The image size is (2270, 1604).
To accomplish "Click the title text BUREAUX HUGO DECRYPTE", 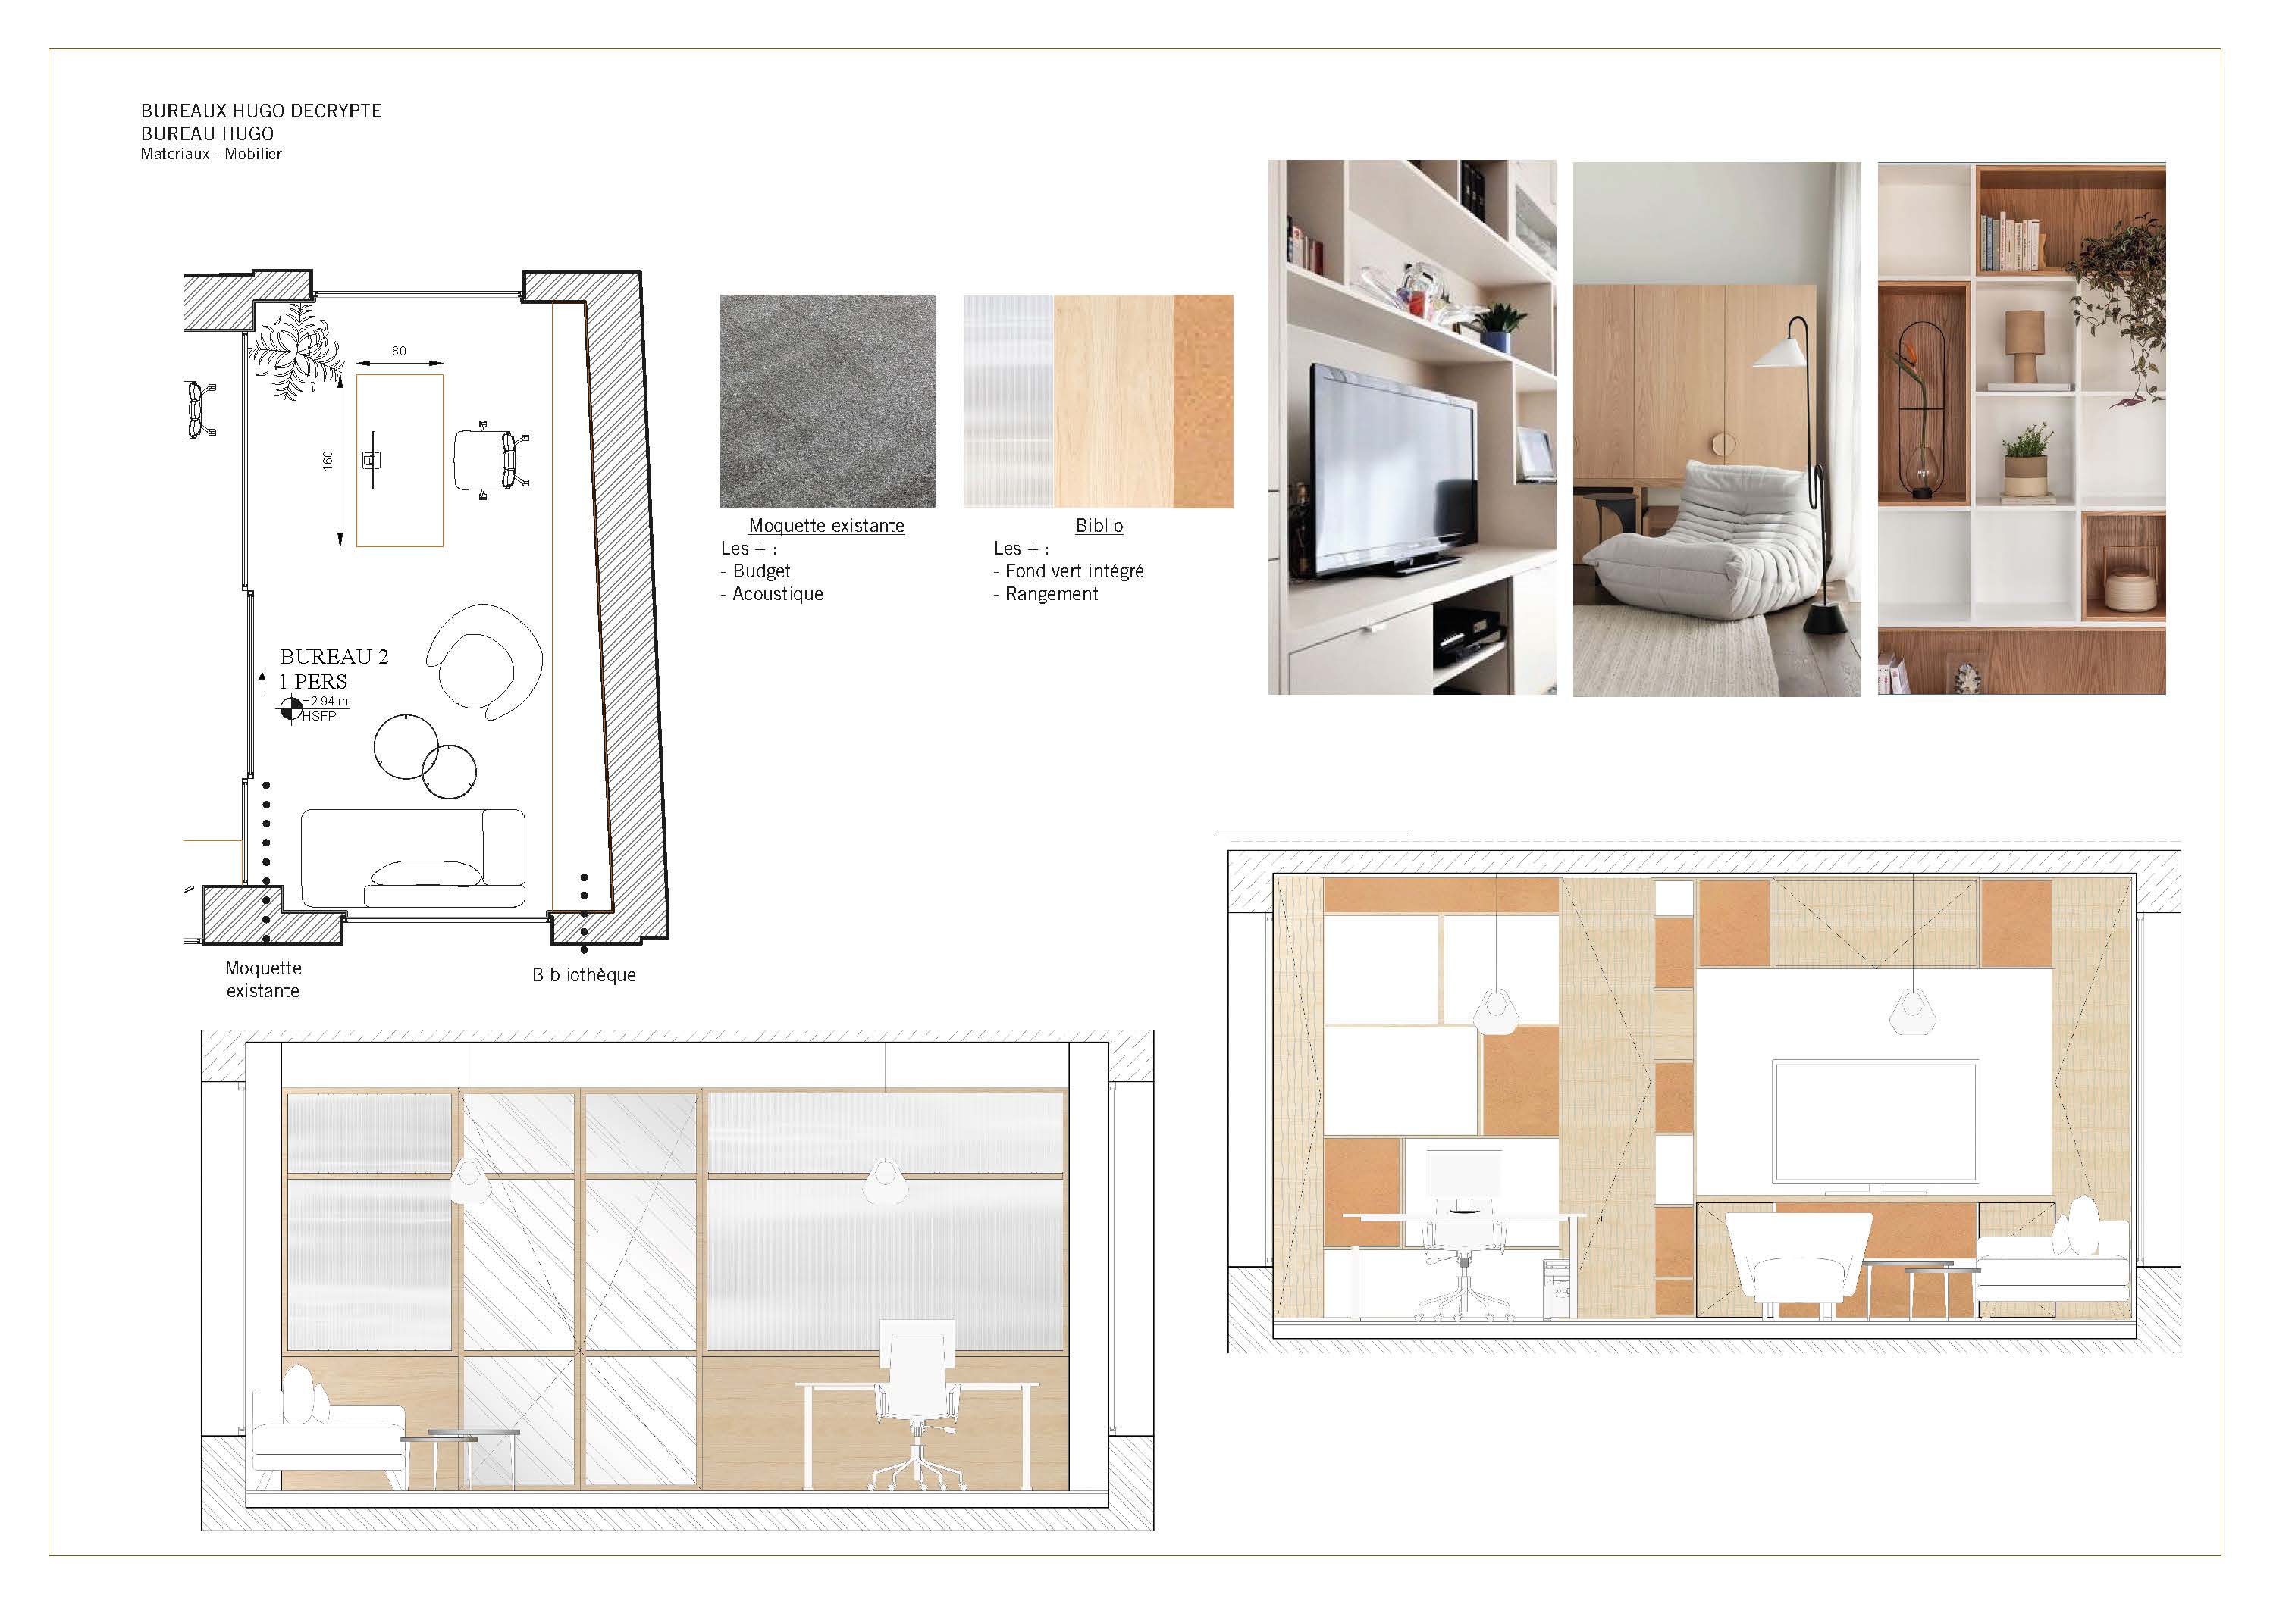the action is click(x=261, y=111).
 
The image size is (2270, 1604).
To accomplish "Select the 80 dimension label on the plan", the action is click(x=399, y=351).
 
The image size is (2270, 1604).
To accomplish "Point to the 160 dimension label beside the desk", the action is click(x=328, y=460).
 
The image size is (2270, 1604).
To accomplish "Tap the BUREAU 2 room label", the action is click(x=334, y=656).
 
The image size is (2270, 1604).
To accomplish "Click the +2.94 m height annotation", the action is click(x=325, y=702).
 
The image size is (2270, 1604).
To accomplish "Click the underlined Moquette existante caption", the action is click(x=826, y=526).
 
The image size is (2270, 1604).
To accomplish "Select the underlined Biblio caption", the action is click(x=1099, y=526).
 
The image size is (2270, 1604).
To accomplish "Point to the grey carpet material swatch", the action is click(x=827, y=402).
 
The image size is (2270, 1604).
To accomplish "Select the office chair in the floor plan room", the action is click(x=491, y=460).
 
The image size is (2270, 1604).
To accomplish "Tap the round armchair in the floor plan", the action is click(x=484, y=660).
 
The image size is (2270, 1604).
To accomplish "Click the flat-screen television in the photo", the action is click(x=1394, y=471).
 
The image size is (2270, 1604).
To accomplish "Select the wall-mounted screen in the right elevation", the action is click(x=1876, y=1121).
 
